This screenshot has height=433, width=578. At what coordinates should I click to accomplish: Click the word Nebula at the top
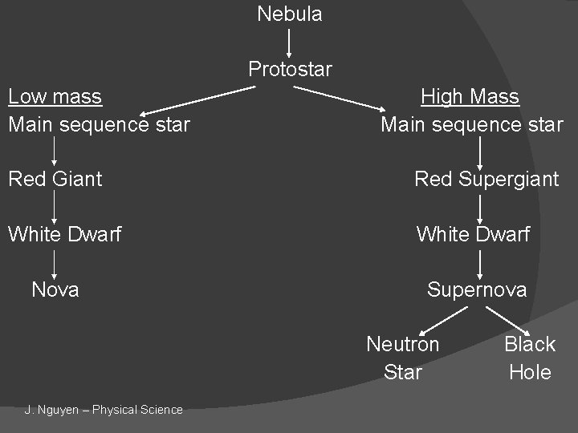tap(289, 14)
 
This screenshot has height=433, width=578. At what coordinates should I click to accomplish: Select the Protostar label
tap(290, 69)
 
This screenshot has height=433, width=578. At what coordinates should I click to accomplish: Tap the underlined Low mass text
tap(55, 97)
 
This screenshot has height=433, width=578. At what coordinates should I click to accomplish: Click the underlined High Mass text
tap(470, 97)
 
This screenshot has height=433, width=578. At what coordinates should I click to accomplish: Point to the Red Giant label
tap(55, 179)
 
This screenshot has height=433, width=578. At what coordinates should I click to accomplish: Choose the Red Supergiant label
tap(486, 179)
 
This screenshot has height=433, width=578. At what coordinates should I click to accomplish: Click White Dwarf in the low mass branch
tap(64, 234)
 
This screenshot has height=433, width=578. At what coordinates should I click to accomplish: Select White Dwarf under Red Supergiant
tap(473, 234)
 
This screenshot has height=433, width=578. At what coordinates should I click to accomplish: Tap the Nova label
tap(55, 289)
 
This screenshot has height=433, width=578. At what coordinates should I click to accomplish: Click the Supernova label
tap(477, 289)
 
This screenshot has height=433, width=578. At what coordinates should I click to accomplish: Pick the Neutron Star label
tap(402, 358)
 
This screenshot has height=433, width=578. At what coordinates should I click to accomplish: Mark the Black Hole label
tap(530, 358)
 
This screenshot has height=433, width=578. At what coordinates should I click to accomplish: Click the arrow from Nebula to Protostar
tap(289, 41)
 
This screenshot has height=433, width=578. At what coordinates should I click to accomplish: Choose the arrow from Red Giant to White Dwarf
tap(55, 207)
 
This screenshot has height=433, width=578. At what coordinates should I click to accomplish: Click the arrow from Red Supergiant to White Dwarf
tap(479, 207)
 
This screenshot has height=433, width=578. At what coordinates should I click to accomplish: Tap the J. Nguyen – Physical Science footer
tap(104, 410)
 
